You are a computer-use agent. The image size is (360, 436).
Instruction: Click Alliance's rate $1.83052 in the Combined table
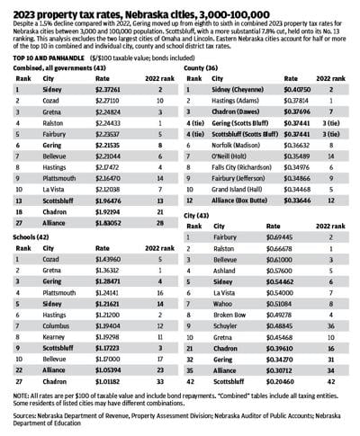101,209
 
